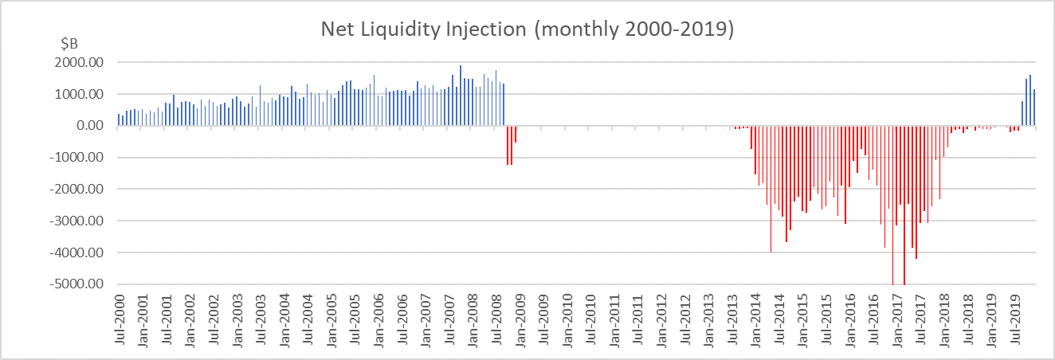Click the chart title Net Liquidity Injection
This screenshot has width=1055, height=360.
[527, 29]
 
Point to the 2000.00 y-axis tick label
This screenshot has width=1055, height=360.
[82, 62]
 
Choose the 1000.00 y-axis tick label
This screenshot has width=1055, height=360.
[82, 94]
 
